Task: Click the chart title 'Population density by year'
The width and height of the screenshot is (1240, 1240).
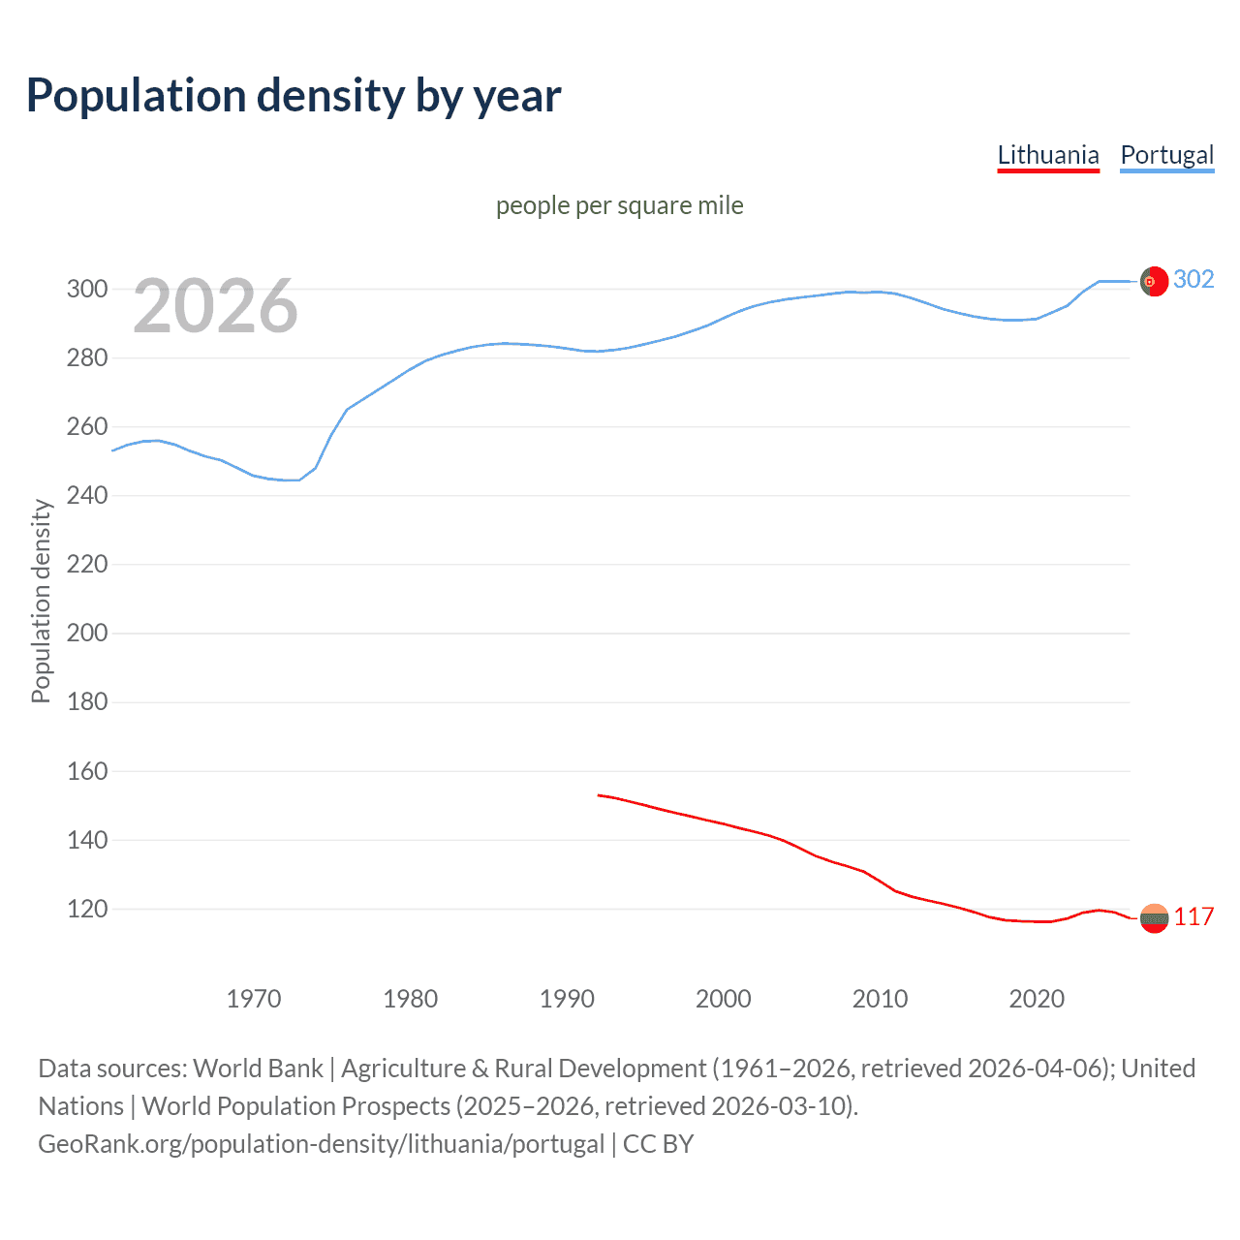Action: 294,96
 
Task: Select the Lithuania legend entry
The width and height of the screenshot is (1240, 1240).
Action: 1048,155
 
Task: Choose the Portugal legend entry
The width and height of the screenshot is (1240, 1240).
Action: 1166,155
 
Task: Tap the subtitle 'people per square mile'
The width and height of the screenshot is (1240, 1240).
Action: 619,205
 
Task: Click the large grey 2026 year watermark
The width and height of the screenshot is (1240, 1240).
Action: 215,306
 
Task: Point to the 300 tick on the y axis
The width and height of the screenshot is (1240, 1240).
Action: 86,289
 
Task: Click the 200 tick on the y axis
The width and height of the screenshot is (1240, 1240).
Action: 86,633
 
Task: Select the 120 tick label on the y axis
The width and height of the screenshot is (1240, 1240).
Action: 86,909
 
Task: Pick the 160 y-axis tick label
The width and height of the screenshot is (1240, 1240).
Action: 86,771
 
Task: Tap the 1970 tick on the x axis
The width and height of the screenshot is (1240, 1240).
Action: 254,998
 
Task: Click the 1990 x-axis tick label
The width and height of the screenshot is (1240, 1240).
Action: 567,998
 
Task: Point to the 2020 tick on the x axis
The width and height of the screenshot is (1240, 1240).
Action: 1037,998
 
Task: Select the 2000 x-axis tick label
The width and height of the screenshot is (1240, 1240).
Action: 724,998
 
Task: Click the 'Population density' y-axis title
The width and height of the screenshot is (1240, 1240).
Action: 41,601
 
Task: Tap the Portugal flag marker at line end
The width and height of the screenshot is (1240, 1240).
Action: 1153,281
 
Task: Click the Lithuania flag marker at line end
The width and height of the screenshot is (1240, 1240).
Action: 1153,917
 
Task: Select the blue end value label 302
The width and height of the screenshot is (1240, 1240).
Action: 1193,279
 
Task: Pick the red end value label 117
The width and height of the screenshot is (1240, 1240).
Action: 1193,916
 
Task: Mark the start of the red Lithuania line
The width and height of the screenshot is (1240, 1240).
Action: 599,795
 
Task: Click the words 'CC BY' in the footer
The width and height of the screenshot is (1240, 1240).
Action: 658,1144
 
